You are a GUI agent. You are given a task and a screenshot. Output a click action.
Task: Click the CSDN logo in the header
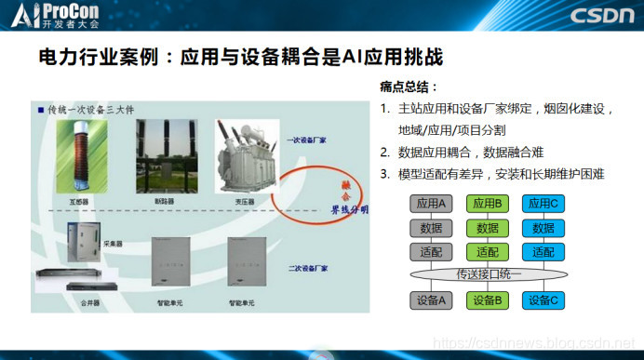(600, 16)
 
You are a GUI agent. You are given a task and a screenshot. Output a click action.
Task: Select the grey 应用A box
(432, 204)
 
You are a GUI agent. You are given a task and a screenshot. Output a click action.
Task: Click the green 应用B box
(488, 204)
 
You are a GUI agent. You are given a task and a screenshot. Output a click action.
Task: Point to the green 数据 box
(488, 228)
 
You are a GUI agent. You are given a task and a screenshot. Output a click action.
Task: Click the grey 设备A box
(432, 300)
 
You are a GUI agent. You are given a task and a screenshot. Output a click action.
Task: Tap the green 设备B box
(488, 300)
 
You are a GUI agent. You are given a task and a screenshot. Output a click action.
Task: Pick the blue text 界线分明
(350, 210)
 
